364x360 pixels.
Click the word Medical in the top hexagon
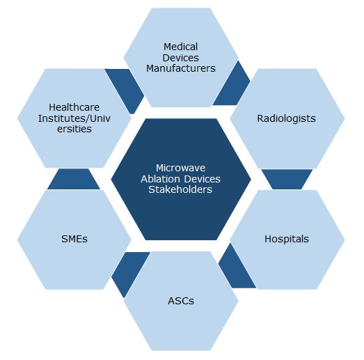(180, 47)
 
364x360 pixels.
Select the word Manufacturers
(180, 68)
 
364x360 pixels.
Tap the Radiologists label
(286, 118)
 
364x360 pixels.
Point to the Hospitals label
(287, 239)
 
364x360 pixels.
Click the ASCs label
(180, 301)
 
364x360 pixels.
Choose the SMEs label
(74, 239)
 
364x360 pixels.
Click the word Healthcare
(74, 107)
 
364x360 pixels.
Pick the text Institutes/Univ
(74, 118)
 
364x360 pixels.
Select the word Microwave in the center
(180, 168)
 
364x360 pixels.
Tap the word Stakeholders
(180, 189)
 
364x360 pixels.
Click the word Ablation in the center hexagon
(160, 179)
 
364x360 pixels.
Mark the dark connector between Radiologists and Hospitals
(287, 179)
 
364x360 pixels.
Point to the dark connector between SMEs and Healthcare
(74, 179)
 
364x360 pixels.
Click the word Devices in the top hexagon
(180, 58)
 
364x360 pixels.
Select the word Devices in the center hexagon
(203, 179)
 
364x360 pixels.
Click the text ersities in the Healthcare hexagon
(74, 129)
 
